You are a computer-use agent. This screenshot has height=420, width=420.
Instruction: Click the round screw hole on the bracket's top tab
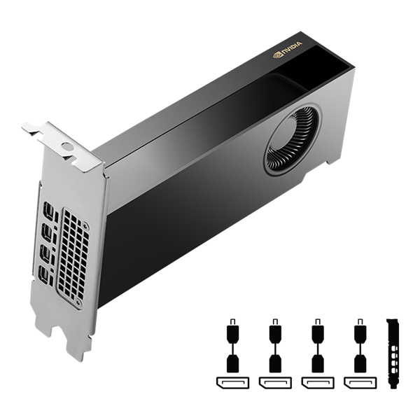(x=67, y=147)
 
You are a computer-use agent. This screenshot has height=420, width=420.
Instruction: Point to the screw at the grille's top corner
(x=85, y=226)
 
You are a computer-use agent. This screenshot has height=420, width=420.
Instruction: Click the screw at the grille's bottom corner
(x=78, y=302)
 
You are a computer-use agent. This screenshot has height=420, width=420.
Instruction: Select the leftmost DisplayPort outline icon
(x=231, y=382)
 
